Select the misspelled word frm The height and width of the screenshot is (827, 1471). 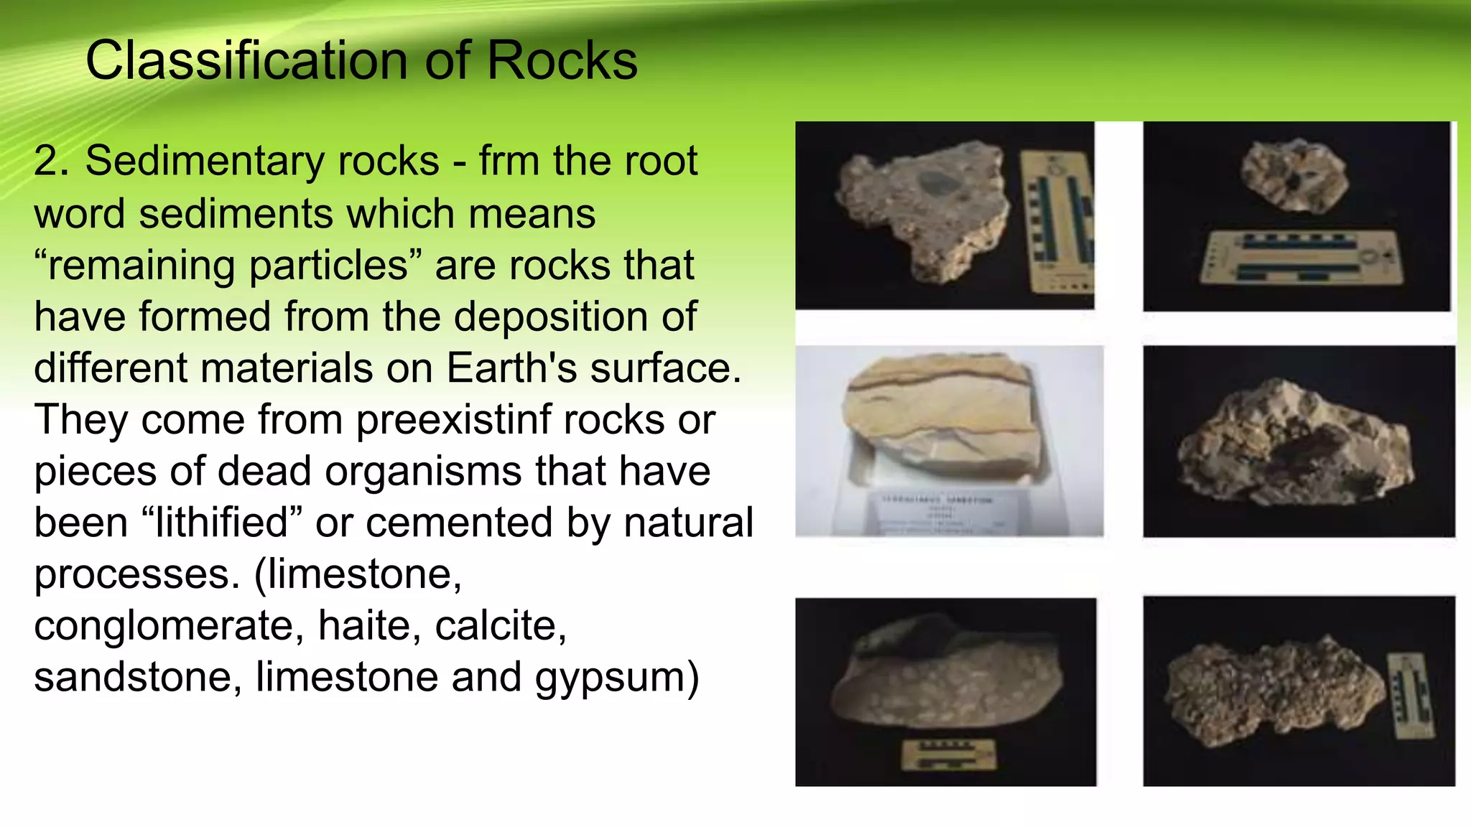click(509, 161)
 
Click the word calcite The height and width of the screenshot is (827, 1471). click(500, 626)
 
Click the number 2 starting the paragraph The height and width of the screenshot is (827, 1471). click(50, 161)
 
